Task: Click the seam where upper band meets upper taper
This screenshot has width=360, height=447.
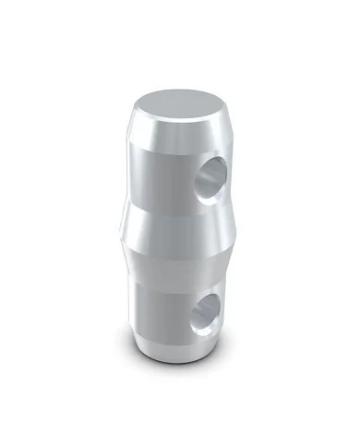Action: click(x=166, y=205)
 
